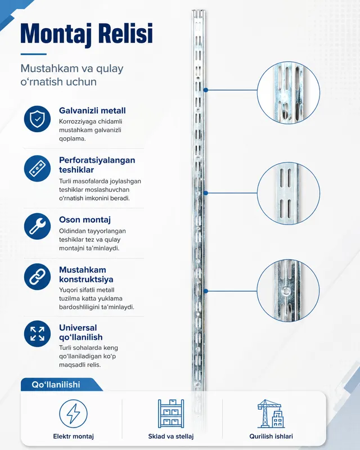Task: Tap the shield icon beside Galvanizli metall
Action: [x=37, y=119]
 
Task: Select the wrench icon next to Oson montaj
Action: [x=37, y=226]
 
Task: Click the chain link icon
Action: [x=37, y=276]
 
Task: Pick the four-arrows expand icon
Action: [x=37, y=334]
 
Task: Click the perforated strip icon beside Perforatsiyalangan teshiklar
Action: [x=37, y=168]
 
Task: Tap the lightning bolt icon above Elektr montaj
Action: [x=73, y=413]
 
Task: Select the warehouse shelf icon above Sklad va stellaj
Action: [x=171, y=413]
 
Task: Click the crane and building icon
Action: [x=271, y=413]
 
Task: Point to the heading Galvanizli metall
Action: [x=92, y=110]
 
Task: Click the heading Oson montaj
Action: [x=85, y=219]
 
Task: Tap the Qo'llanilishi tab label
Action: [x=56, y=385]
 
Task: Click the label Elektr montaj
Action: [x=74, y=436]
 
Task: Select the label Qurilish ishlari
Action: [x=271, y=436]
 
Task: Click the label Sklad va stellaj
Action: [x=171, y=436]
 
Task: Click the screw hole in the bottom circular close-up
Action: [x=285, y=291]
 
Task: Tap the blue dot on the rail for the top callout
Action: [x=205, y=90]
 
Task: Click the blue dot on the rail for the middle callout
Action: [x=205, y=193]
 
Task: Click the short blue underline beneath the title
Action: [x=34, y=54]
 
